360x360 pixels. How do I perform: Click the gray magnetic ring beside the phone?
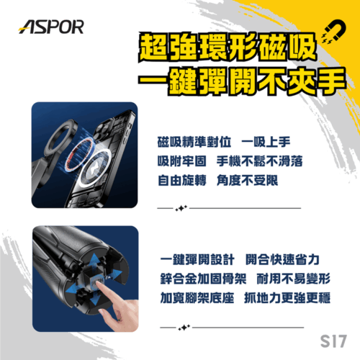(55, 137)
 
